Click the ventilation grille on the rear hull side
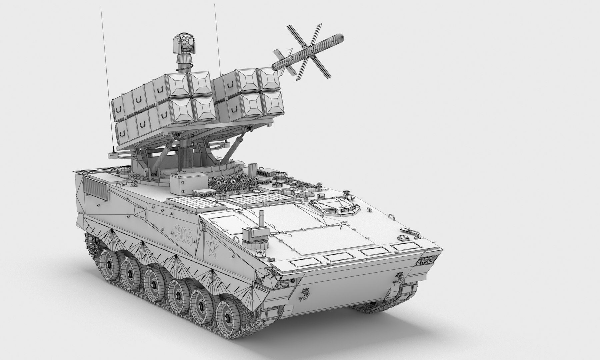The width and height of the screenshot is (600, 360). pos(96,188)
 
